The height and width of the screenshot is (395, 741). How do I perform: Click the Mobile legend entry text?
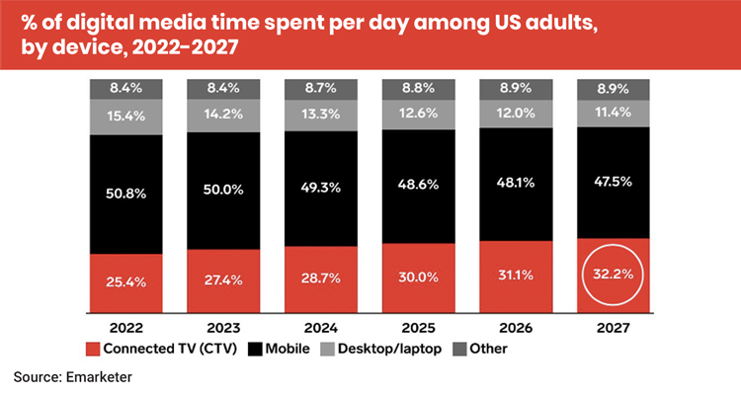pos(288,348)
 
